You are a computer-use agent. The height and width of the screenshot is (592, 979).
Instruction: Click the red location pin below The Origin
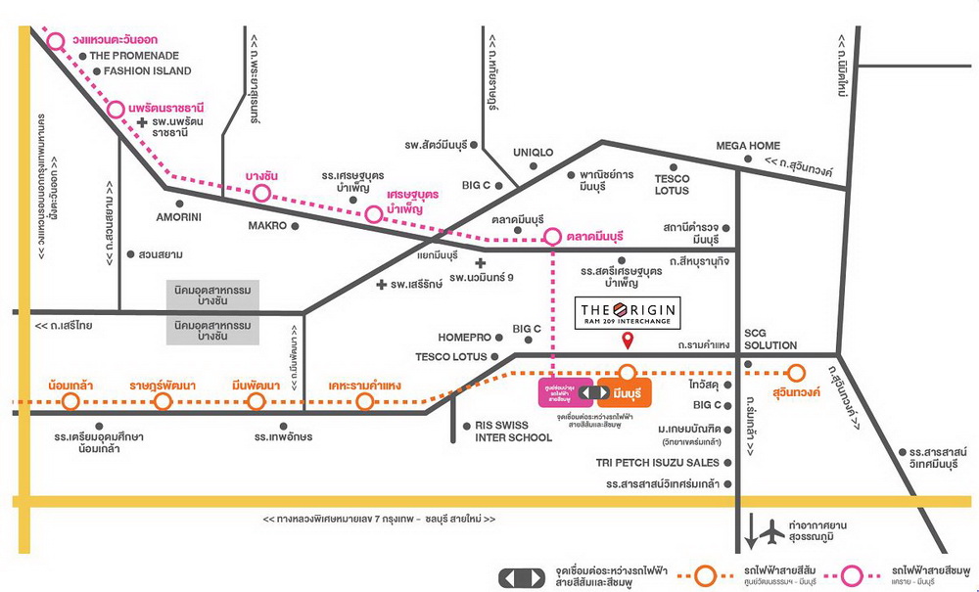[629, 340]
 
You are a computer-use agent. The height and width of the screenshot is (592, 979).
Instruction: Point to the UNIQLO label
[534, 153]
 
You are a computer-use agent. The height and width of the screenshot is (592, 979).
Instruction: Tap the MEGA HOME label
[748, 146]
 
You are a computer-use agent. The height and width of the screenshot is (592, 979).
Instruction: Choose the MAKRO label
[267, 226]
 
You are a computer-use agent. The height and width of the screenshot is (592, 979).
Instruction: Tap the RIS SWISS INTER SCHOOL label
[514, 432]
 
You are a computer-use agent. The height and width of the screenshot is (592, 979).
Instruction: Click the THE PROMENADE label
[135, 56]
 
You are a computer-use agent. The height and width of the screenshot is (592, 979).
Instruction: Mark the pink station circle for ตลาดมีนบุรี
[553, 237]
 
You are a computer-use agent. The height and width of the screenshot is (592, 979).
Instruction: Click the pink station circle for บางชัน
[261, 193]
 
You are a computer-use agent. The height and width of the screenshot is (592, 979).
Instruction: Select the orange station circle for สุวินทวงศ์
[796, 372]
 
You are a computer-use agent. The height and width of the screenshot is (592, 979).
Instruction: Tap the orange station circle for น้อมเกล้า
[70, 401]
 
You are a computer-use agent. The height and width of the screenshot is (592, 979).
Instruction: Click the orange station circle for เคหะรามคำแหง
[365, 401]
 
